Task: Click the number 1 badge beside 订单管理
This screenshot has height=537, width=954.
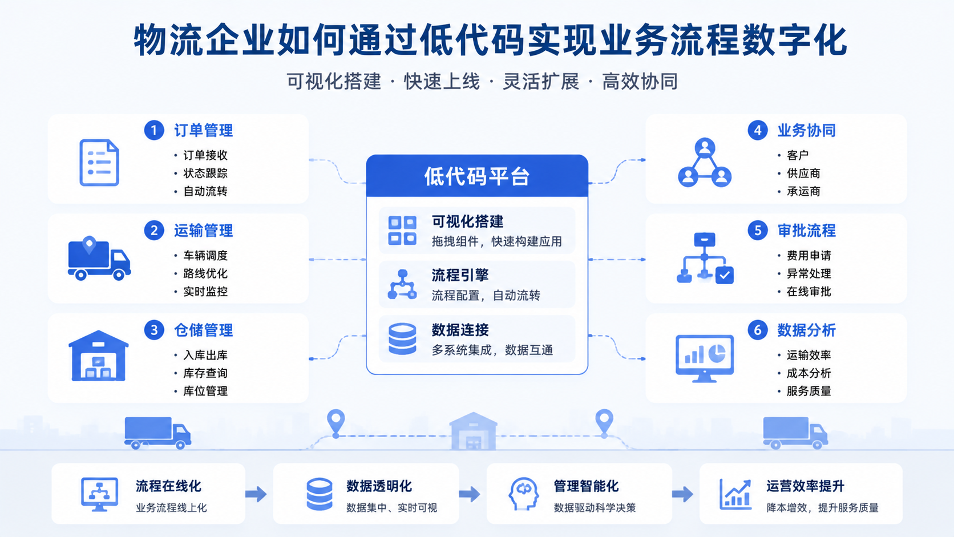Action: pyautogui.click(x=153, y=130)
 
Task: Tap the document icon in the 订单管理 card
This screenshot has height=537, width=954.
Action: pyautogui.click(x=99, y=163)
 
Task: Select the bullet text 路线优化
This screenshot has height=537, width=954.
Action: pyautogui.click(x=205, y=273)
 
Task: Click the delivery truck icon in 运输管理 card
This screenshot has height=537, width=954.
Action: pyautogui.click(x=99, y=258)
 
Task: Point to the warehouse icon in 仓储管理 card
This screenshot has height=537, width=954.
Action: pyautogui.click(x=98, y=356)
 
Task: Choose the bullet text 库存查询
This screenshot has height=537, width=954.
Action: pyautogui.click(x=205, y=373)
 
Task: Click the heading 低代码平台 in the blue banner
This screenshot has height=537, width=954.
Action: pyautogui.click(x=477, y=176)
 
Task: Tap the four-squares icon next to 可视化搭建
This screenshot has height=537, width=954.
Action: pyautogui.click(x=402, y=231)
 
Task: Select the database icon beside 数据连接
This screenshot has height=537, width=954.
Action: pyautogui.click(x=402, y=339)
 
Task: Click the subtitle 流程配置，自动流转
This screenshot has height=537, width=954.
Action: pyautogui.click(x=486, y=295)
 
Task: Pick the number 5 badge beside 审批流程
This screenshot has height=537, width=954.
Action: pyautogui.click(x=758, y=231)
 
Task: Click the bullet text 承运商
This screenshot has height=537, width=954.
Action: pyautogui.click(x=803, y=191)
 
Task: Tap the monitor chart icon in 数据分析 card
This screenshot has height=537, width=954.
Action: pyautogui.click(x=705, y=358)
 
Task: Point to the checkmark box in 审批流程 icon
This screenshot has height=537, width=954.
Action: pyautogui.click(x=725, y=275)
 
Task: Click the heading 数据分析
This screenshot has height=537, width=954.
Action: pyautogui.click(x=807, y=330)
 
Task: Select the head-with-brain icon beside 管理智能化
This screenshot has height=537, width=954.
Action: pyautogui.click(x=524, y=494)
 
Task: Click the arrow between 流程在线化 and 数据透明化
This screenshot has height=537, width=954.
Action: pyautogui.click(x=256, y=494)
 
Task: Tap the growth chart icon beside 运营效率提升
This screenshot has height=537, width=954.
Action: pyautogui.click(x=735, y=494)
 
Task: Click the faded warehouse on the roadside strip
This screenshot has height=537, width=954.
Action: pyautogui.click(x=473, y=431)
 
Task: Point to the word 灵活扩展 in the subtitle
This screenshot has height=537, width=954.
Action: pyautogui.click(x=541, y=82)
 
